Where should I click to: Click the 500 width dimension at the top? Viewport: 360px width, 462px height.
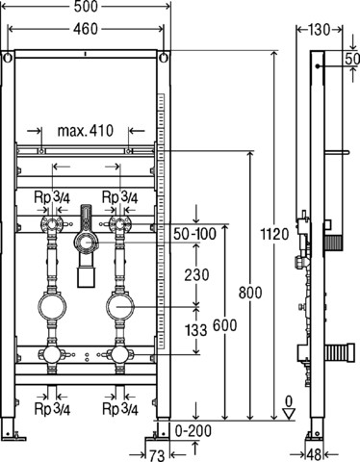tap(86, 7)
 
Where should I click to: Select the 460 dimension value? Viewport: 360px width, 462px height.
tap(86, 29)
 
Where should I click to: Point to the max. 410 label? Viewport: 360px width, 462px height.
tap(86, 131)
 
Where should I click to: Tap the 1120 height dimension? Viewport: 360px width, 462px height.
tap(274, 234)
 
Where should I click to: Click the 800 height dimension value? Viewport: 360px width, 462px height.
tap(250, 293)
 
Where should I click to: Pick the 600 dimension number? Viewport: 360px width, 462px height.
tap(225, 325)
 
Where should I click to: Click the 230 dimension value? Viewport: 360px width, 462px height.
tap(196, 275)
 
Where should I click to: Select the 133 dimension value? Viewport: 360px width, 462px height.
tap(196, 330)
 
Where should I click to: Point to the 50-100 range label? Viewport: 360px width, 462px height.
tap(195, 234)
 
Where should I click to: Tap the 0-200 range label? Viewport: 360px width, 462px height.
tap(193, 431)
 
